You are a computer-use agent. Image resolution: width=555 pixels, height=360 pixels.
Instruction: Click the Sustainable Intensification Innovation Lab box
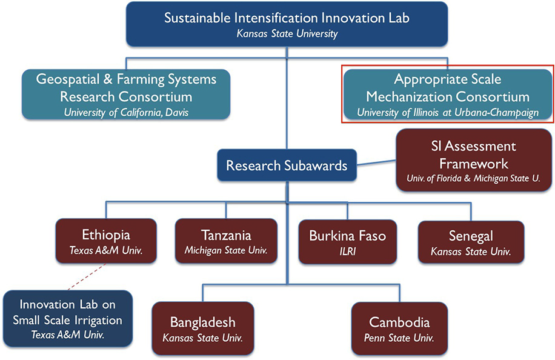(287, 24)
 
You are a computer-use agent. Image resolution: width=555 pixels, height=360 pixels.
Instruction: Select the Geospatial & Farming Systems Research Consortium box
(126, 94)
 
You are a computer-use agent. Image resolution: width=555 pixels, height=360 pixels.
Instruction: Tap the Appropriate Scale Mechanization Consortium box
(448, 94)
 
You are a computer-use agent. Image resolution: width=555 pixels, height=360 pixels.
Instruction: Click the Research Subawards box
(287, 165)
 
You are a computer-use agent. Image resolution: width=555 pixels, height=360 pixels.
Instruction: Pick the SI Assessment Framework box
(474, 161)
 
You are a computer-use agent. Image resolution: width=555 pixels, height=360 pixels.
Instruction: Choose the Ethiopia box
(106, 241)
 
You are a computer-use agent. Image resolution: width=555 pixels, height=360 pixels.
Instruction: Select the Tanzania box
(226, 241)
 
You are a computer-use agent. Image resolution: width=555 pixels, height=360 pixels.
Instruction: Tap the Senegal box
(471, 242)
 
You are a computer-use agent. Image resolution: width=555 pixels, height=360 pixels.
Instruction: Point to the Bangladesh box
(203, 328)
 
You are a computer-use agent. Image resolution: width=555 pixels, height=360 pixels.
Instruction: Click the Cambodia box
(399, 328)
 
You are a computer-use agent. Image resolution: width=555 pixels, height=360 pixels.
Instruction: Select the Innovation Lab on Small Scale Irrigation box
(68, 319)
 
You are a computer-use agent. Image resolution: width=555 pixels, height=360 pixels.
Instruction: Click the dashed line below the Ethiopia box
(87, 277)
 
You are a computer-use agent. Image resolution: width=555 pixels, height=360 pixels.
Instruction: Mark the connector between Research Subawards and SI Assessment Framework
(376, 163)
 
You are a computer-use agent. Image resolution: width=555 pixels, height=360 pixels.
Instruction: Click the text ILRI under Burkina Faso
(348, 252)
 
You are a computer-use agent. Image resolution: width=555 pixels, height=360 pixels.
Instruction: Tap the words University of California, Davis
(126, 113)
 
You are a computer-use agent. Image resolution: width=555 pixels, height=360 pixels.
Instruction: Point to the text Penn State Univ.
(399, 338)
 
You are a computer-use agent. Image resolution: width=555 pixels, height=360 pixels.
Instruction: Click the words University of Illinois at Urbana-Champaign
(448, 113)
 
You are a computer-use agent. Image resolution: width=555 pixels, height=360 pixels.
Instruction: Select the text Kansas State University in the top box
(287, 33)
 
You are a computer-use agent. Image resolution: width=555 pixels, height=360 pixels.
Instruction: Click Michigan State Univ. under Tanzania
(226, 250)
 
